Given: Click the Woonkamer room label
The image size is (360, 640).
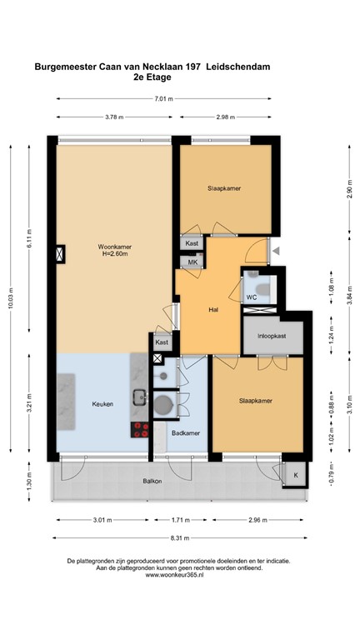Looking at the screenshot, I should point(114,247).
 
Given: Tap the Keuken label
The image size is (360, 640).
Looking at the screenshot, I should point(103,404).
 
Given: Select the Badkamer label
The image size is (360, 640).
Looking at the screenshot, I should point(185,434).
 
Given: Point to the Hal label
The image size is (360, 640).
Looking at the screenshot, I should point(213,310).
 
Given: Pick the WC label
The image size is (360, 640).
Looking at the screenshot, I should point(250,297).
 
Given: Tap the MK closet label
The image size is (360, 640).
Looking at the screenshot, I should point(192,262).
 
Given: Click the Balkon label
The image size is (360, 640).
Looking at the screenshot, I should point(152,482).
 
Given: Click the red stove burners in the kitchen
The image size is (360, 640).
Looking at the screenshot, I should point(139,431).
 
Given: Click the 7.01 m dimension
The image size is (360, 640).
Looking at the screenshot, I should point(164,98).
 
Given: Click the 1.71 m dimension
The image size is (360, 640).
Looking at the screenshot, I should point(180,522).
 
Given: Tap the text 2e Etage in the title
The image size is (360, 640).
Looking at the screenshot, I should point(151,77).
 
